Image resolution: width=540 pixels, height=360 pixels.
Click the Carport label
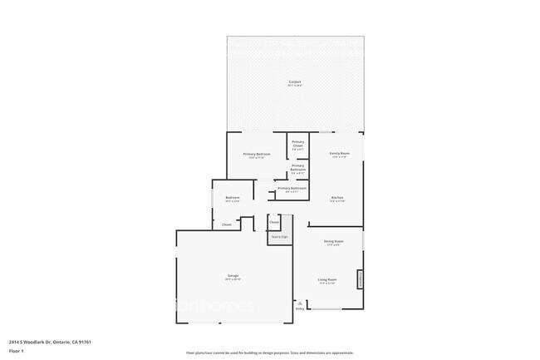[295, 81]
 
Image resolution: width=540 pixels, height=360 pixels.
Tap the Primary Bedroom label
[257, 155]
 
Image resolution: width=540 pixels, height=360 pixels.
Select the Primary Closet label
[297, 144]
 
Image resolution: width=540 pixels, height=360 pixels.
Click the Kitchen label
[337, 198]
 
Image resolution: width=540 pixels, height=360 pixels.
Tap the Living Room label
[326, 280]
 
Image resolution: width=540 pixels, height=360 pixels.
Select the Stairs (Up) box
[278, 237]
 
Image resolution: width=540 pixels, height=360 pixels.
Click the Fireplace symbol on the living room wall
[360, 279]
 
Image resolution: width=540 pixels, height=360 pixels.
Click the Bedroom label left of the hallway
[233, 198]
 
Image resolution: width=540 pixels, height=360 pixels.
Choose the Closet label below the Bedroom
[227, 224]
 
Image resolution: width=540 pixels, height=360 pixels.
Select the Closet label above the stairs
[274, 222]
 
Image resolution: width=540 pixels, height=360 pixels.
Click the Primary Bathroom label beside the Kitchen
[292, 189]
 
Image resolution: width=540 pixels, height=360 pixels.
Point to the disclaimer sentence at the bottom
[270, 353]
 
